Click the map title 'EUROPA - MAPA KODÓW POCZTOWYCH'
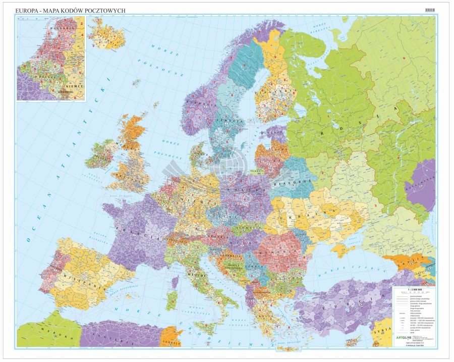coord(71,10)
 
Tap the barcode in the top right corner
coord(432,9)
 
